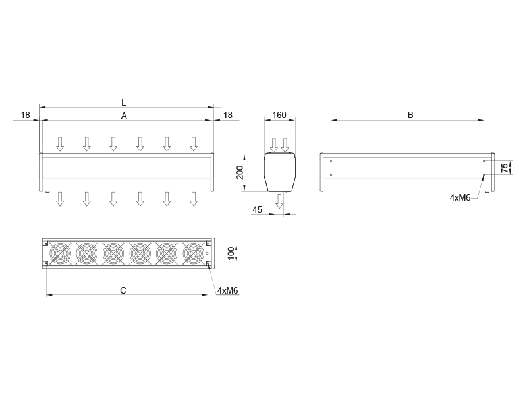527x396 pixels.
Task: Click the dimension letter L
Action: click(124, 102)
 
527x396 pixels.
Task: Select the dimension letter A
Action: click(124, 116)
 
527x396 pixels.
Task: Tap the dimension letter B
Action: click(410, 115)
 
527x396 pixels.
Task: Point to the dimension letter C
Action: click(123, 290)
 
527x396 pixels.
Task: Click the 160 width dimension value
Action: click(279, 115)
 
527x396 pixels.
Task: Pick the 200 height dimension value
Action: click(240, 172)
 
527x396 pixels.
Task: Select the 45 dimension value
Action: click(257, 209)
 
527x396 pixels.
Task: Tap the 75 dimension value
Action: click(505, 168)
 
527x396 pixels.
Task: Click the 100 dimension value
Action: click(231, 253)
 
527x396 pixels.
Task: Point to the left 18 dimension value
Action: click(26, 115)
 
